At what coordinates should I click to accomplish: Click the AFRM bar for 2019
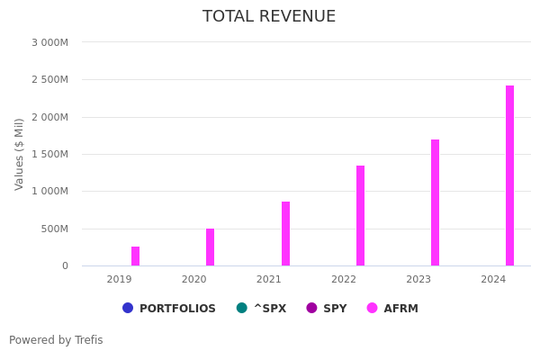pyautogui.click(x=135, y=256)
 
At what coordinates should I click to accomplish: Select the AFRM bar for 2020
pyautogui.click(x=210, y=247)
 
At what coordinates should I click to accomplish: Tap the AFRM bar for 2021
pyautogui.click(x=285, y=234)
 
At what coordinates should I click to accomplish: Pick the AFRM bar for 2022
pyautogui.click(x=360, y=216)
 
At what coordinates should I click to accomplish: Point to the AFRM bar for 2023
pyautogui.click(x=435, y=202)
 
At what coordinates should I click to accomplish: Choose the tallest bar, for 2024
pyautogui.click(x=509, y=175)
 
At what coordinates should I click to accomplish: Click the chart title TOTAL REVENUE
pyautogui.click(x=269, y=17)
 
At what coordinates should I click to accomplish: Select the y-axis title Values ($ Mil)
pyautogui.click(x=20, y=154)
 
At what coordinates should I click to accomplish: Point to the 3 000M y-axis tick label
pyautogui.click(x=49, y=42)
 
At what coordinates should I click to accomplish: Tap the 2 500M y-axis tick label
pyautogui.click(x=49, y=79)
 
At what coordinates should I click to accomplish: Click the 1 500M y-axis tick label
pyautogui.click(x=49, y=154)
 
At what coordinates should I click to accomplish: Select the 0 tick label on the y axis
pyautogui.click(x=65, y=265)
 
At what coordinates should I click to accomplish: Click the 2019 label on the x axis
pyautogui.click(x=119, y=280)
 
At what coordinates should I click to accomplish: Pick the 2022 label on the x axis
pyautogui.click(x=344, y=280)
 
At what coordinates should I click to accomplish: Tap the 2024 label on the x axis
pyautogui.click(x=493, y=280)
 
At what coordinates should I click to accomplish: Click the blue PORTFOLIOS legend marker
pyautogui.click(x=128, y=308)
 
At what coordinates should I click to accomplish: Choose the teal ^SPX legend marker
pyautogui.click(x=242, y=308)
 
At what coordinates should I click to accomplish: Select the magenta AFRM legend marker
pyautogui.click(x=373, y=308)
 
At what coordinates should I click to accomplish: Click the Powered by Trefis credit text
pyautogui.click(x=56, y=340)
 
